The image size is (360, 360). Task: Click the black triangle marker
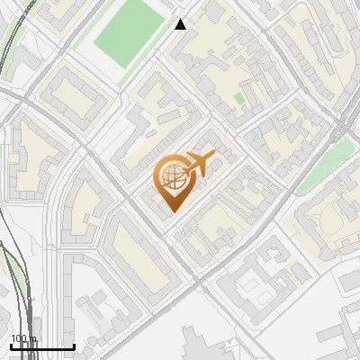tap(181, 24)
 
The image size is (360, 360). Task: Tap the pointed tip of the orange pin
tap(172, 211)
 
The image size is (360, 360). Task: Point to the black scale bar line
tap(42, 347)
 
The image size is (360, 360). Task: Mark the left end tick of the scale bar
tap(11, 346)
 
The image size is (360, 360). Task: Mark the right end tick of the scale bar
tap(74, 346)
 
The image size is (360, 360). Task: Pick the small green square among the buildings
tap(238, 98)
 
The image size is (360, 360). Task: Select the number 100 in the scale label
tap(19, 339)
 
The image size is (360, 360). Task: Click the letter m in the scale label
tap(32, 340)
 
